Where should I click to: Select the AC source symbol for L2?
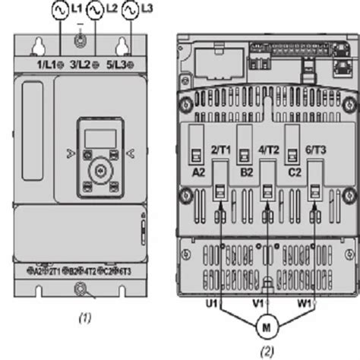(x=95, y=11)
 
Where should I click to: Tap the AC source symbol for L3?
(x=130, y=11)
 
